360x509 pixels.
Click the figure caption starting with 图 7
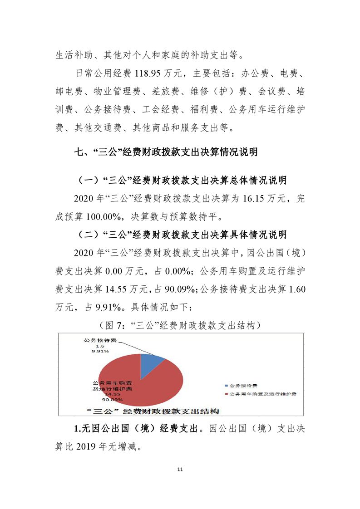180,325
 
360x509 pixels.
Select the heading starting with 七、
166,152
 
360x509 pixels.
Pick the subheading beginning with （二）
180,234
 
